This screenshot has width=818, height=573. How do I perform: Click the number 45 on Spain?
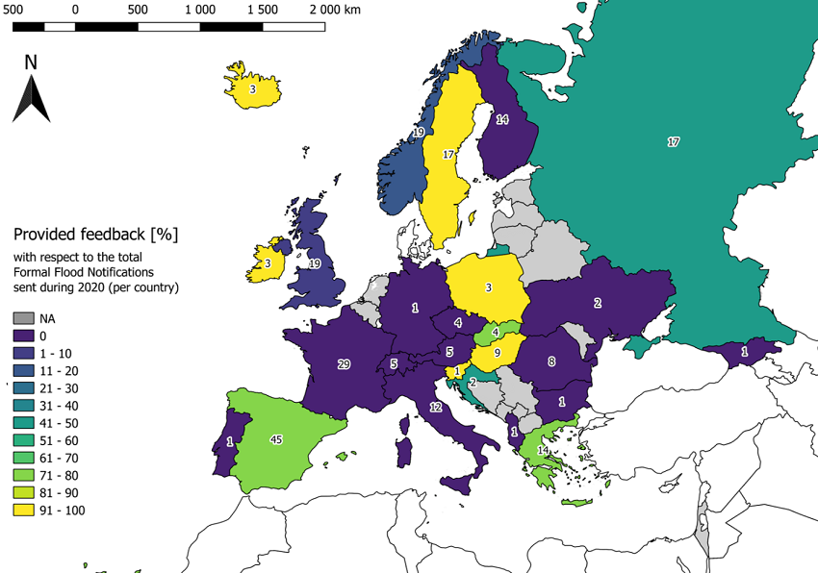[276, 440]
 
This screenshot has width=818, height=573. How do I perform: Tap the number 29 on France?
[344, 364]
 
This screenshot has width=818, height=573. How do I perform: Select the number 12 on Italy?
[435, 408]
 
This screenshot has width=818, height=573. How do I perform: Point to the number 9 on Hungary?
[497, 353]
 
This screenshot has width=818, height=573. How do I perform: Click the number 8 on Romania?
[551, 361]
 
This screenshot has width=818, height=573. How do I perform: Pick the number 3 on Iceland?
[253, 89]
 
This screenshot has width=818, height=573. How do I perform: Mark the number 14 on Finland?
[501, 120]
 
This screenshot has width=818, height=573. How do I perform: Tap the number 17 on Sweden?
[448, 155]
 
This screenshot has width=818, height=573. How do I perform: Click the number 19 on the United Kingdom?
[314, 263]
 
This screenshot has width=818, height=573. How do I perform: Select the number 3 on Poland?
[489, 287]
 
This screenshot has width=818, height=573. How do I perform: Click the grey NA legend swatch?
[22, 318]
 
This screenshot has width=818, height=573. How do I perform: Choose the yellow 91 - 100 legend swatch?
[22, 511]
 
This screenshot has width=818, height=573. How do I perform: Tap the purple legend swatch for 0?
[22, 336]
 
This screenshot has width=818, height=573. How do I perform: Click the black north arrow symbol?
[31, 99]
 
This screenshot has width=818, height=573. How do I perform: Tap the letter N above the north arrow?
[31, 62]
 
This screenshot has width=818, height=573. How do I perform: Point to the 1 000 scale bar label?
[199, 9]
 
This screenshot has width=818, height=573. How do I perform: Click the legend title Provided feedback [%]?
[96, 235]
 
